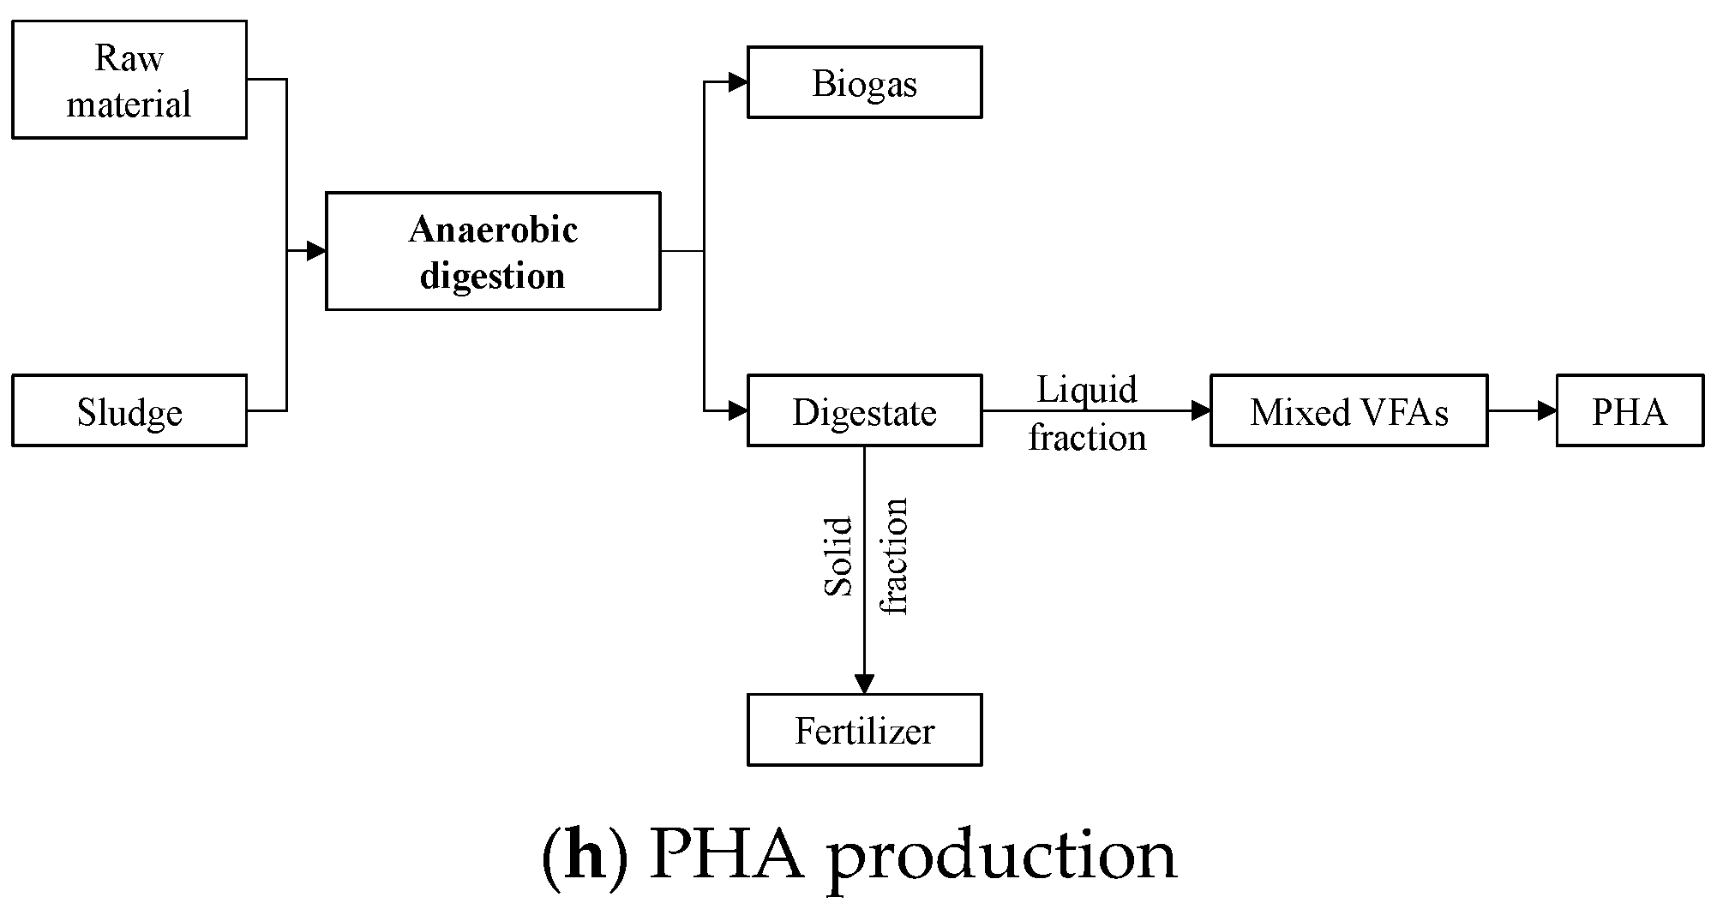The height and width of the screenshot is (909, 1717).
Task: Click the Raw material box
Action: [x=129, y=80]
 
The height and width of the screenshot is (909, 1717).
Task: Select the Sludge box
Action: [x=129, y=410]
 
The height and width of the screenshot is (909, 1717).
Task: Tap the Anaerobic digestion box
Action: [x=493, y=251]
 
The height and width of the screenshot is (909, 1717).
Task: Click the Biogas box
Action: [x=864, y=82]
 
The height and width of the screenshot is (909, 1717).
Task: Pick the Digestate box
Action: [x=864, y=410]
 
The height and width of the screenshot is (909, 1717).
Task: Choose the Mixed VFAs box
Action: [x=1348, y=410]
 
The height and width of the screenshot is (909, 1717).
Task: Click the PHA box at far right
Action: [x=1630, y=410]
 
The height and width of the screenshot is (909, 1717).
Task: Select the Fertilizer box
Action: [x=864, y=730]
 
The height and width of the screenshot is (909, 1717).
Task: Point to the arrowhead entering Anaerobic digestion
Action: [x=316, y=251]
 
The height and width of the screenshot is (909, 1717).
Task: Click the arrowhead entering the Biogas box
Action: [x=738, y=82]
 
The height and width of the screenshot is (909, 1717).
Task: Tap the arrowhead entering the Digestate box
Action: [x=738, y=410]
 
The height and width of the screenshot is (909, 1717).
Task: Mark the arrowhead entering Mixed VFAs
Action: [x=1201, y=410]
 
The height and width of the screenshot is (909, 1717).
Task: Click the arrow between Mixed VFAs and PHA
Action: [x=1522, y=410]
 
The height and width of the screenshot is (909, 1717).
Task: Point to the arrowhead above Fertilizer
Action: [x=864, y=684]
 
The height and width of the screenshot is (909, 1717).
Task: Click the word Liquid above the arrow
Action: [x=1087, y=390]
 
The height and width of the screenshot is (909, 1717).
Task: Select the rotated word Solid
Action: [x=839, y=555]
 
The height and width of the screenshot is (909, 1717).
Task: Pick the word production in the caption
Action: [x=1001, y=858]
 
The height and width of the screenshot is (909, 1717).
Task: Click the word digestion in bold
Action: [x=493, y=276]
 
